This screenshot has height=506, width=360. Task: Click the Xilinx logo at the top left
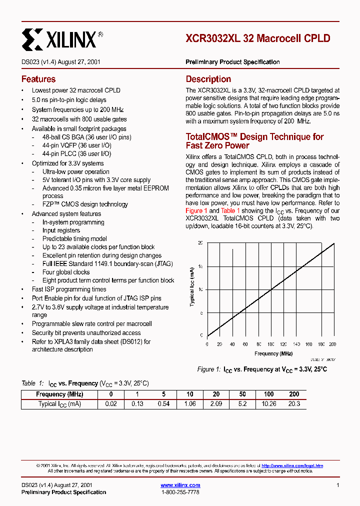click(62, 38)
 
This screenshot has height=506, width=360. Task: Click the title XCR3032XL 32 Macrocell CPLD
click(257, 38)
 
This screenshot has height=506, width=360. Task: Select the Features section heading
click(38, 79)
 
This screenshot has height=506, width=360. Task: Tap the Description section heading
click(208, 79)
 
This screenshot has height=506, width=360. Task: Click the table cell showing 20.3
click(294, 403)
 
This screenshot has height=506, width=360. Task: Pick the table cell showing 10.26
click(269, 403)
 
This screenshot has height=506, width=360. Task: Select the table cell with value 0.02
click(111, 403)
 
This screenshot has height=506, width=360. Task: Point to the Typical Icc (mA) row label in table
click(59, 403)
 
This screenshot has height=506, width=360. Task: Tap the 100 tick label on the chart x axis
click(270, 344)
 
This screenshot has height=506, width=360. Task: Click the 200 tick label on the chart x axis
click(333, 344)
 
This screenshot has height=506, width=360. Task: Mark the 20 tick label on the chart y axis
click(201, 243)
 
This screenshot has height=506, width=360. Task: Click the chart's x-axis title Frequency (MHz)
click(273, 353)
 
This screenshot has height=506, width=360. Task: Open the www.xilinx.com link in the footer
click(180, 485)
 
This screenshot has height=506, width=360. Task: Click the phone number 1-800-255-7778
click(180, 492)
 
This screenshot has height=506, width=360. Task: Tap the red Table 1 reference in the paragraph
click(230, 210)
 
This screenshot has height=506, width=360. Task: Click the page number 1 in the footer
click(338, 485)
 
